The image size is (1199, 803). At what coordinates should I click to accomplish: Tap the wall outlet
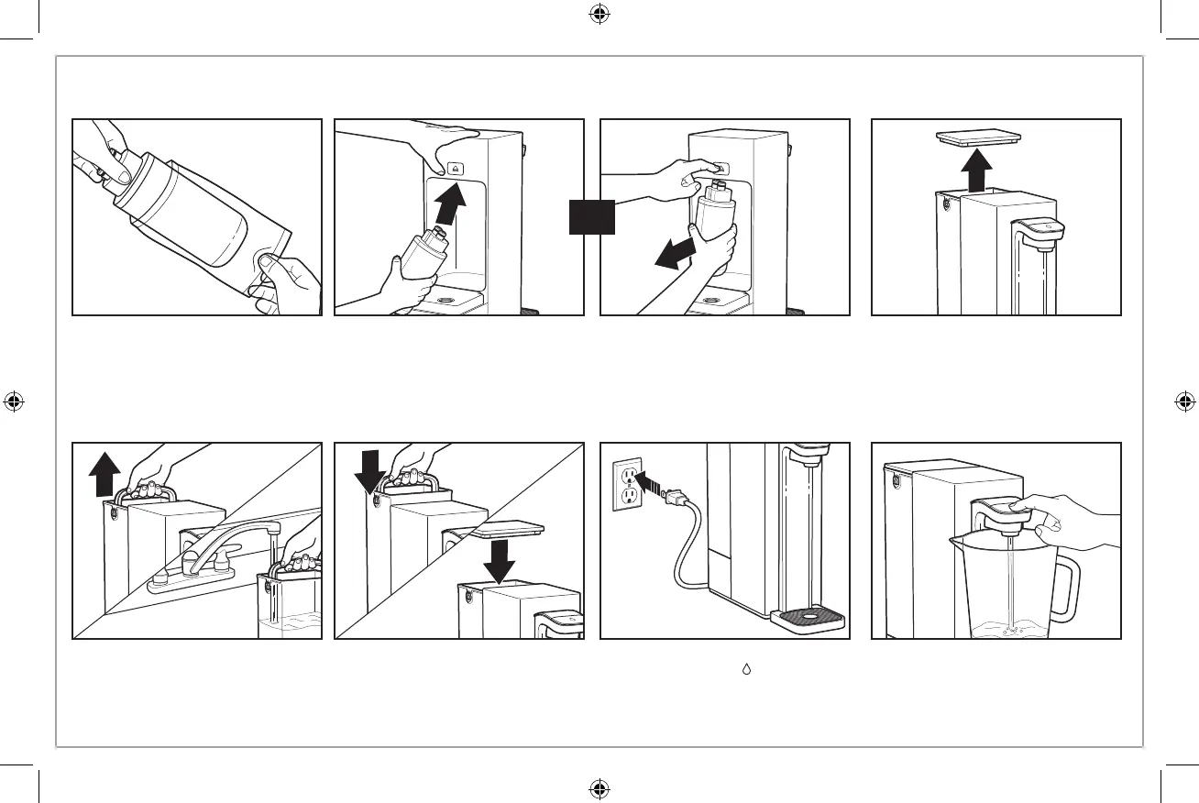pyautogui.click(x=627, y=484)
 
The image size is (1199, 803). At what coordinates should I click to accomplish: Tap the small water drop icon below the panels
pyautogui.click(x=748, y=673)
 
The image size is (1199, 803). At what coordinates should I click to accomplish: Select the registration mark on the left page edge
pyautogui.click(x=14, y=401)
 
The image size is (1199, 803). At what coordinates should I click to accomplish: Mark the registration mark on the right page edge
pyautogui.click(x=1184, y=401)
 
